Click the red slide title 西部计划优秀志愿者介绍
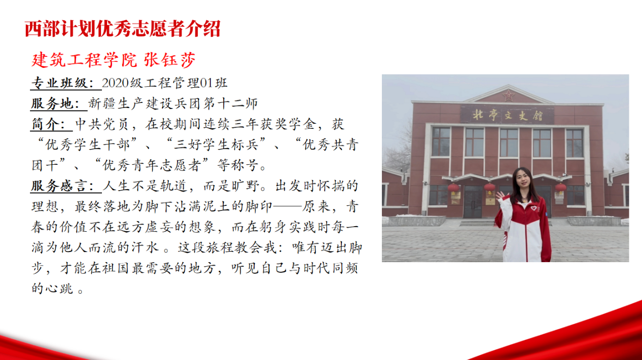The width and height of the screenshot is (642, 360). tap(123, 29)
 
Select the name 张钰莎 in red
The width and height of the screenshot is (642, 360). tap(170, 60)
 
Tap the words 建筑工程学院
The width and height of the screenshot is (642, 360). tap(84, 60)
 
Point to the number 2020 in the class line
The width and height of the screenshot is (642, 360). tap(115, 83)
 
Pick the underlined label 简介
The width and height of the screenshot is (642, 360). tap(45, 124)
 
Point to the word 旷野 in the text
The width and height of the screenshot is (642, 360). tap(245, 186)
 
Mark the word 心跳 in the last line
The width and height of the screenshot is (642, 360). tap(59, 289)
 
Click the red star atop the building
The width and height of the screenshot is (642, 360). tap(509, 95)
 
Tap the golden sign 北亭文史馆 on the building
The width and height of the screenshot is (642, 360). tap(507, 115)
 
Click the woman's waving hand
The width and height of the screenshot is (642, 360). tap(501, 197)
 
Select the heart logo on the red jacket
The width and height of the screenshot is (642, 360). tap(533, 208)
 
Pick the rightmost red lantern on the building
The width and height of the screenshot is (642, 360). tap(560, 188)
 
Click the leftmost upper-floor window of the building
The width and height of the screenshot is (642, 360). tap(441, 142)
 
